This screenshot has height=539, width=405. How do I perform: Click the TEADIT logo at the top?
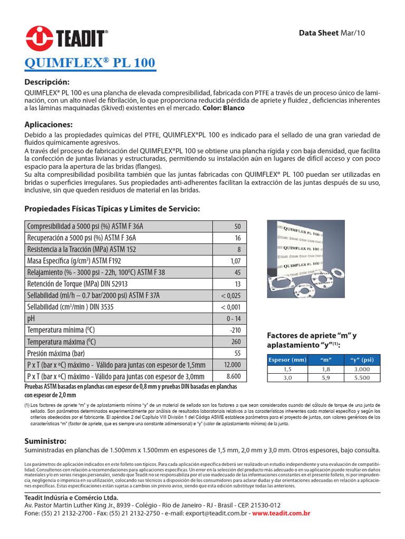67,36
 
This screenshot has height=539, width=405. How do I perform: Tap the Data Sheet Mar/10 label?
332,33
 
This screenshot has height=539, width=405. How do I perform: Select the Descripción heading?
47,82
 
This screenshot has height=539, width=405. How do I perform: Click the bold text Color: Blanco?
224,108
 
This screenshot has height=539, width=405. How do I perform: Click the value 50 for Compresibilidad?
237,226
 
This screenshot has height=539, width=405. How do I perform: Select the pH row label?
31,318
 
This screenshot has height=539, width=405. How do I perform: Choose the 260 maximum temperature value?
235,342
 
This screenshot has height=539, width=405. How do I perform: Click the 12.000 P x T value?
232,365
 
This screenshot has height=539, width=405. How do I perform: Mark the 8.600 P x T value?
233,376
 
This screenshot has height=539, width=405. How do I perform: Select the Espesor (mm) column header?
287,360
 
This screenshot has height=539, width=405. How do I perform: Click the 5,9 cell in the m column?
325,378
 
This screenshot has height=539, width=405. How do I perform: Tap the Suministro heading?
45,440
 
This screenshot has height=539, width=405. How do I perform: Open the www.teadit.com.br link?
281,513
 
